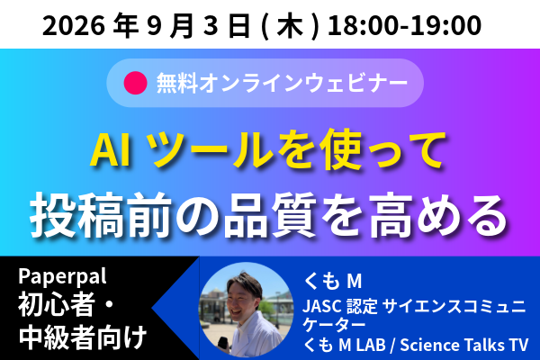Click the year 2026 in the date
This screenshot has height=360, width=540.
pos(74,25)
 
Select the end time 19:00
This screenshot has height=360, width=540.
pos(446,25)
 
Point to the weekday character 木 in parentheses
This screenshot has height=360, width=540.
pos(290,25)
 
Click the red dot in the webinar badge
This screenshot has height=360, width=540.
pos(136,83)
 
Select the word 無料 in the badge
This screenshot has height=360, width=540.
pos(177,83)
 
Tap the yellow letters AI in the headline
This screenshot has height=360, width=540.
pos(111,151)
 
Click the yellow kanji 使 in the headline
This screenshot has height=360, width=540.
pos(340,150)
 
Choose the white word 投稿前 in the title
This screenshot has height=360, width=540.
pos(100,215)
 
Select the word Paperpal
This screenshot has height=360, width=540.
pos(62,276)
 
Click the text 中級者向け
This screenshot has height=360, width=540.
pos(83,337)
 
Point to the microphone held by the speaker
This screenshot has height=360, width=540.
pos(224,345)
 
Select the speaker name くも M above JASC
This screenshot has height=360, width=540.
pos(332,281)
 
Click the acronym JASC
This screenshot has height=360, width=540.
pos(321,306)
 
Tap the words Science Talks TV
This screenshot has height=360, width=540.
pos(463,345)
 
